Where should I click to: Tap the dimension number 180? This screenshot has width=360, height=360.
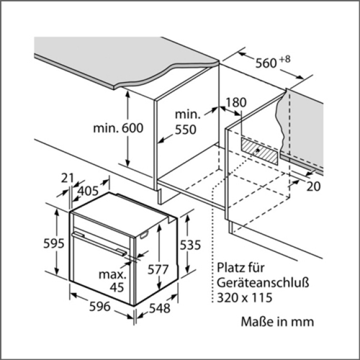pos(236,102)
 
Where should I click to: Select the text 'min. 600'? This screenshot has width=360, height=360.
pos(118,128)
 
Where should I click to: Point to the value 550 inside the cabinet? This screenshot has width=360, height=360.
pos(185,130)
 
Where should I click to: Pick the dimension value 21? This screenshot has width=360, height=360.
pos(67,178)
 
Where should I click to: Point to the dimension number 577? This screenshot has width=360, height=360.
pos(158,269)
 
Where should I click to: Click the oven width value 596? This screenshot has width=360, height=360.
pos(99,308)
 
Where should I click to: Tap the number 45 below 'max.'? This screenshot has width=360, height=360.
pos(117,288)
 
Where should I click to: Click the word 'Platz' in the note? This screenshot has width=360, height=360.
pos(228,269)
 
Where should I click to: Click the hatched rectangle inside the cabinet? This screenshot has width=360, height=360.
pos(260,151)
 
